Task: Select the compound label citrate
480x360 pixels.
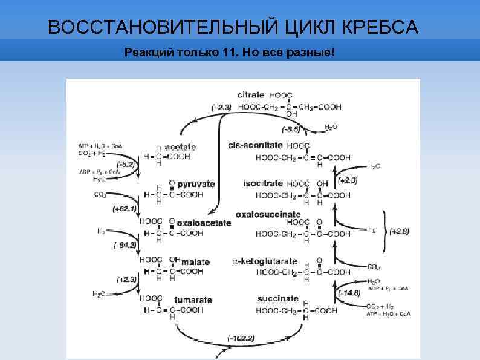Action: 251,95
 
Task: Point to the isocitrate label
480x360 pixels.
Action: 263,183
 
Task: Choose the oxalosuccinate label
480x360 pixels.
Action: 268,214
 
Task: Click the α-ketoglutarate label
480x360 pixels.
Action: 265,261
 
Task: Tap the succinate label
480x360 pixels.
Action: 277,299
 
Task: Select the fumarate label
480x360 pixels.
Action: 193,300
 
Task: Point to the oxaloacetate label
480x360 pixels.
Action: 204,223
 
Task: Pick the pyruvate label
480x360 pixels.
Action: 196,183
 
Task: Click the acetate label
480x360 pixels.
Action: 180,147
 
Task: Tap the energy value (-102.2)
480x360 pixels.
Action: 241,337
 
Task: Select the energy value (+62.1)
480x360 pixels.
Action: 125,209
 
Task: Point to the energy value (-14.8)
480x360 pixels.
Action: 349,293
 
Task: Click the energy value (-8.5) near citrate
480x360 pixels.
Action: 291,129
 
